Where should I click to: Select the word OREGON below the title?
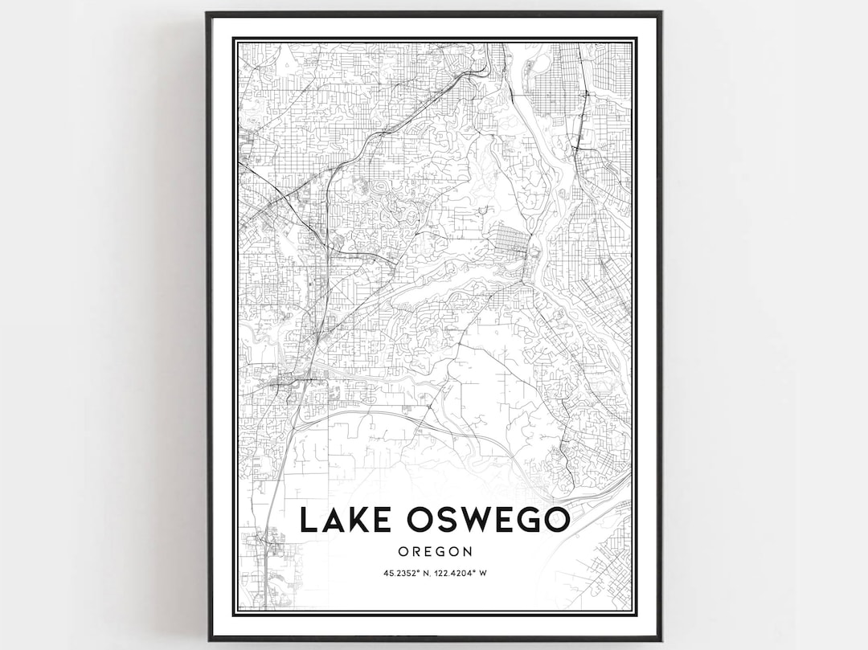click(434, 551)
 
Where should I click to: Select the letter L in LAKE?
click(309, 520)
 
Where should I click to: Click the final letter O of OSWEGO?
click(555, 520)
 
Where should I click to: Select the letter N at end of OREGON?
click(468, 551)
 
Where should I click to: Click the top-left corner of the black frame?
click(207, 13)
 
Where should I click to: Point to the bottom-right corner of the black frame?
click(661, 640)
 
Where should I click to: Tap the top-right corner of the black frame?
click(661, 13)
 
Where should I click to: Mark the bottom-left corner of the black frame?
click(208, 640)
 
